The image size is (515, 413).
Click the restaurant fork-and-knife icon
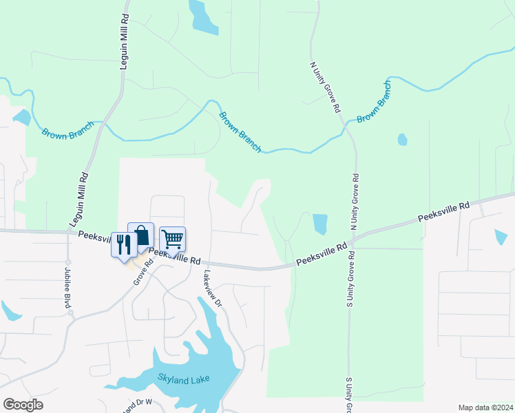(124, 244)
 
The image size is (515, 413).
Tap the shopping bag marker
(141, 235)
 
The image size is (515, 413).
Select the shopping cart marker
(172, 240)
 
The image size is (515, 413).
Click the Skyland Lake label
(183, 378)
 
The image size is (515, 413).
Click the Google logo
(23, 405)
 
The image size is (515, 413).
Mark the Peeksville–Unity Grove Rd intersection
(351, 242)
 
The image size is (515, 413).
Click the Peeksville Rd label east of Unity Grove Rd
(444, 212)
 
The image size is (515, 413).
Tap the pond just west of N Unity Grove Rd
(319, 224)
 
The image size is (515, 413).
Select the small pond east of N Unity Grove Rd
(402, 140)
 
